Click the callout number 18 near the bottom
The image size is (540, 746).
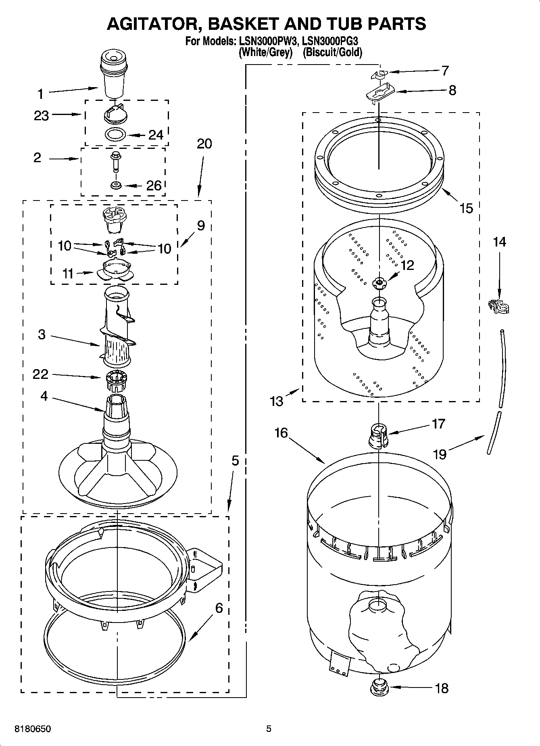[442, 688]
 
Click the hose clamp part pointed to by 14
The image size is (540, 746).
[498, 307]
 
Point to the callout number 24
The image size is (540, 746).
[156, 135]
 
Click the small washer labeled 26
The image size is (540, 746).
[116, 185]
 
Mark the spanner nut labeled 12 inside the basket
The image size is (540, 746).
[378, 283]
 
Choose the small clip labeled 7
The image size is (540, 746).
[378, 74]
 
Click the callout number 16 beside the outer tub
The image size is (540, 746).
[281, 433]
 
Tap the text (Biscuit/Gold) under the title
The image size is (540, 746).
[332, 52]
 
